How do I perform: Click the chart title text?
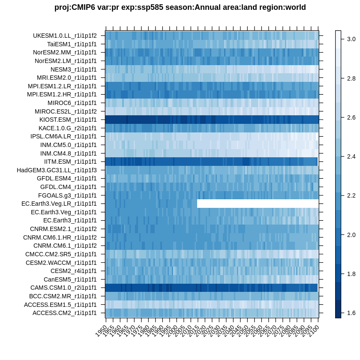pos(180,7)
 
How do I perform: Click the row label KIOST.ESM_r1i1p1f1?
pos(68,120)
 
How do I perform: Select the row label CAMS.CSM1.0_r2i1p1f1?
pos(63,288)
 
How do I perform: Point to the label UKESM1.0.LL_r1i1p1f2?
pos(65,36)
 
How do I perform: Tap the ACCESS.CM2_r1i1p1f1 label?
pos(65,313)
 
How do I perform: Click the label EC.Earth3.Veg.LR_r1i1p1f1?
pos(59,204)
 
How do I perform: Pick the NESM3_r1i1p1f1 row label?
pos(74,69)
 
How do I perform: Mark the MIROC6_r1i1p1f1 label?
pos(72,103)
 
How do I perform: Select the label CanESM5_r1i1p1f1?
pos(70,279)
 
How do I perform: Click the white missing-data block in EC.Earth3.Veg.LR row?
pos(258,204)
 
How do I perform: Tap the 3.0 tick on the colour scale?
pos(351,39)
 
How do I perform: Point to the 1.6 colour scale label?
pos(351,313)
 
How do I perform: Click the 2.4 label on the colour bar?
pos(351,156)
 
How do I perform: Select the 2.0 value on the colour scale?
pos(351,235)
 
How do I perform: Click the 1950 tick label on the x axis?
pos(102,330)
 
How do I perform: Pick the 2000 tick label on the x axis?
pos(172,330)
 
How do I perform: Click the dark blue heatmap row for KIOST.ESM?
pos(212,120)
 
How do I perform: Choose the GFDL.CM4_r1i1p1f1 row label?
pos(69,187)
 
